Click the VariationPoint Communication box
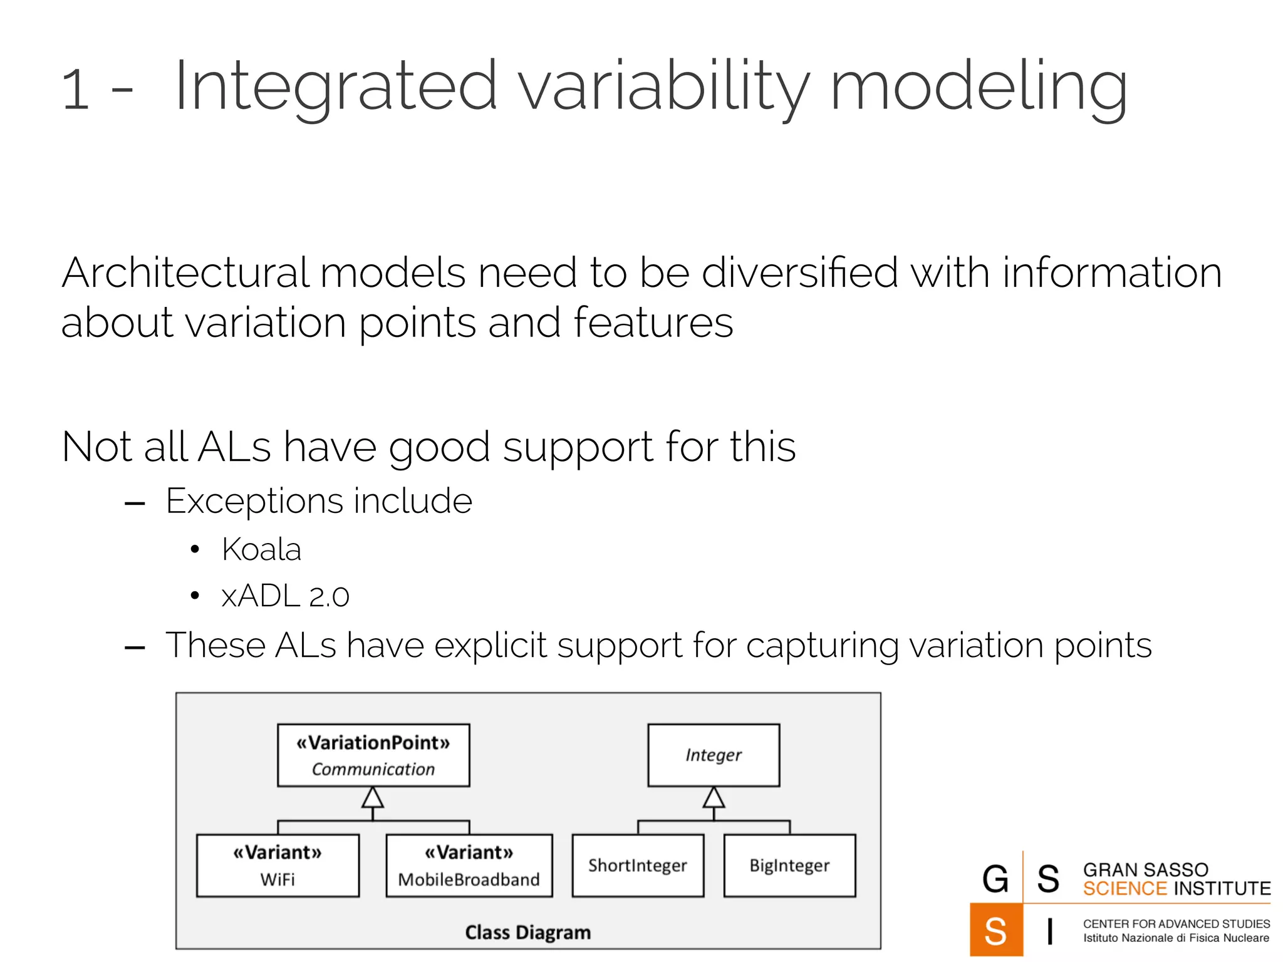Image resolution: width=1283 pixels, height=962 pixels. coord(373,755)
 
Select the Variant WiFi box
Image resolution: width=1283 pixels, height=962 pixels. coord(278,866)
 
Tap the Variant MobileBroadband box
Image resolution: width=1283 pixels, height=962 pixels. coord(469,866)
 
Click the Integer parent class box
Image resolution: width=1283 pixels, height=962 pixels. coord(714,755)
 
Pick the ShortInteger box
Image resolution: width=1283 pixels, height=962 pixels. coord(638,866)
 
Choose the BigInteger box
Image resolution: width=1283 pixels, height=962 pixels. coord(789,866)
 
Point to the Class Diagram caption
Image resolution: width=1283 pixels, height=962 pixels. coord(527,932)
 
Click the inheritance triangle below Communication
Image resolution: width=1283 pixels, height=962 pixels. coord(373,798)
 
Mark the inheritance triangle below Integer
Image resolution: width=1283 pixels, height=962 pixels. coord(714,798)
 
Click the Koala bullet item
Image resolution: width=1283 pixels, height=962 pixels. coord(261,549)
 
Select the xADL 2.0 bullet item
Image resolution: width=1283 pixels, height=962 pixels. coord(285,596)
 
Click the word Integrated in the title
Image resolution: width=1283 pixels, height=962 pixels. coord(336,86)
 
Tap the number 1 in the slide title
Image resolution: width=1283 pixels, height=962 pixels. coord(75,90)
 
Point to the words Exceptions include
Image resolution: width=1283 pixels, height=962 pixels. coord(318,501)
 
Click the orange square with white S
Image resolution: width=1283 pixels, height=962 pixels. coord(995,930)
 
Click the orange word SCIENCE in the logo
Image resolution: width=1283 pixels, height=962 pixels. coord(1125,889)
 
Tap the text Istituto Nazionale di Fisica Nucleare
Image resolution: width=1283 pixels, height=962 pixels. coord(1176,938)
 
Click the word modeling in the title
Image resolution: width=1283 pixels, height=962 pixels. coord(979,86)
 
